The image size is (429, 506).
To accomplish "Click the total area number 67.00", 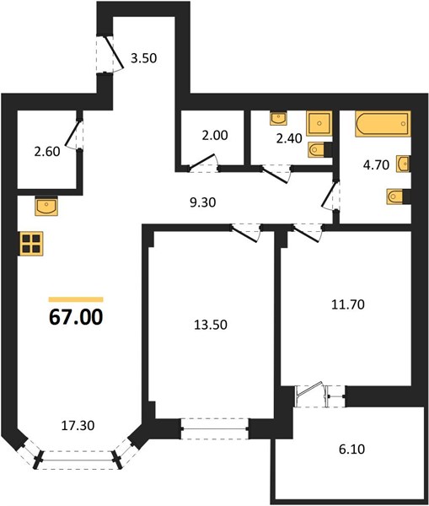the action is pyautogui.click(x=76, y=317).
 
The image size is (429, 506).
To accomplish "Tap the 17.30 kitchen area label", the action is pyautogui.click(x=78, y=425).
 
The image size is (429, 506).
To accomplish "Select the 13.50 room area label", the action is pyautogui.click(x=211, y=325).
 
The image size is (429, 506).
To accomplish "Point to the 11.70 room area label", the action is pyautogui.click(x=348, y=304).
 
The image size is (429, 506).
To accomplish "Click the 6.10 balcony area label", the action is pyautogui.click(x=352, y=449).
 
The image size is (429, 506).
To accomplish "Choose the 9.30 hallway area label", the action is pyautogui.click(x=203, y=202).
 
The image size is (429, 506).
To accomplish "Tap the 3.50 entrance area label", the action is pyautogui.click(x=143, y=58).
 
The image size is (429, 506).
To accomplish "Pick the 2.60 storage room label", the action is pyautogui.click(x=47, y=151).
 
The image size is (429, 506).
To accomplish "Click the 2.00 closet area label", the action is pyautogui.click(x=215, y=135).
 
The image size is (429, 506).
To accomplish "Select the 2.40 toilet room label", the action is pyautogui.click(x=289, y=138).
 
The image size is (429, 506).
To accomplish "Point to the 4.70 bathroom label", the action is pyautogui.click(x=376, y=165).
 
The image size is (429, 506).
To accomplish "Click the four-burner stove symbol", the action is pyautogui.click(x=31, y=244).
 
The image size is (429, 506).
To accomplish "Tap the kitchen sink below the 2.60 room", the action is pyautogui.click(x=46, y=206).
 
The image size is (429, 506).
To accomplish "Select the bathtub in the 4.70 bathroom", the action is pyautogui.click(x=383, y=124).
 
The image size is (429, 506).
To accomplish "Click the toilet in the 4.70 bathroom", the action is pyautogui.click(x=398, y=196).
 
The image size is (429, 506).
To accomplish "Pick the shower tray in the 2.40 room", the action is pyautogui.click(x=319, y=123).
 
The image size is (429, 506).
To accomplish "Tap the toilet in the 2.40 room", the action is pyautogui.click(x=319, y=149).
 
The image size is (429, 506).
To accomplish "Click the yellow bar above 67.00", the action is pyautogui.click(x=76, y=299).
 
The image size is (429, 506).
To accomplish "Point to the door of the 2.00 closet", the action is pyautogui.click(x=202, y=161).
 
